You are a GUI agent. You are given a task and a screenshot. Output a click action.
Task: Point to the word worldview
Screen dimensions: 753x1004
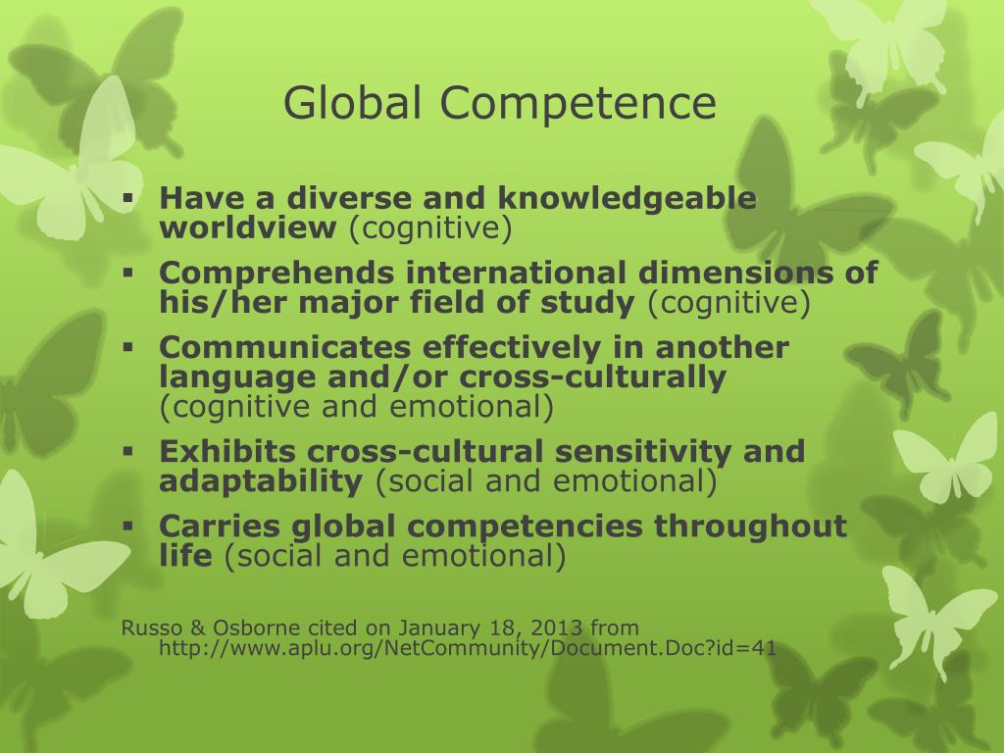pyautogui.click(x=248, y=228)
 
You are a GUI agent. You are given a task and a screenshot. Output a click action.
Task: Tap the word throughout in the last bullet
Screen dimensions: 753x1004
pyautogui.click(x=751, y=526)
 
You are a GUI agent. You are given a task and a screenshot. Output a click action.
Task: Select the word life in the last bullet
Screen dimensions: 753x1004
pyautogui.click(x=185, y=556)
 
